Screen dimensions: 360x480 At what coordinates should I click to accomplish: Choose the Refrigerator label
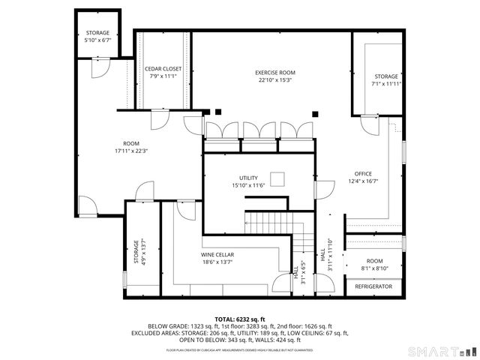373,286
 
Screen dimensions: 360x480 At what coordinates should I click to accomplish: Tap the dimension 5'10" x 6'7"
97,40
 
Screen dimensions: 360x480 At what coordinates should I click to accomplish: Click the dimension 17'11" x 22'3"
131,151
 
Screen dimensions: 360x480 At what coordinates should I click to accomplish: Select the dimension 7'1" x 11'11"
387,83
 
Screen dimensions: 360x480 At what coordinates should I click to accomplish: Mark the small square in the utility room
278,178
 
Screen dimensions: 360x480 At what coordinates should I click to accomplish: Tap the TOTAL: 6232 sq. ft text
240,319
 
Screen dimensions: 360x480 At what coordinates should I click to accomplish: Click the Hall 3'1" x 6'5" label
299,269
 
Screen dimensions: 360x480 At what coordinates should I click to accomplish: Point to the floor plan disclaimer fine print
240,349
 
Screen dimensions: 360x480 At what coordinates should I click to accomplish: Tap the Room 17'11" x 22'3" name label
131,143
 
